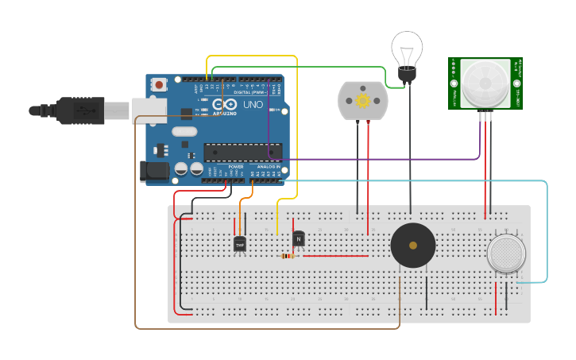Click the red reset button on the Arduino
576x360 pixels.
(x=160, y=83)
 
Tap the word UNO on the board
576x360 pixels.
(x=253, y=105)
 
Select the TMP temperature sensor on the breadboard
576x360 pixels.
(x=240, y=244)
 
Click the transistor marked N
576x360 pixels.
(x=299, y=238)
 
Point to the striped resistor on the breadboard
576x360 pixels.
(x=289, y=256)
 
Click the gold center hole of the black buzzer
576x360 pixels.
(x=413, y=246)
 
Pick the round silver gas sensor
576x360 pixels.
(x=506, y=254)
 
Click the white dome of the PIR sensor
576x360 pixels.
(x=485, y=82)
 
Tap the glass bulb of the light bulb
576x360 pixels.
(x=408, y=49)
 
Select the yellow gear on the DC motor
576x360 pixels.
(x=364, y=100)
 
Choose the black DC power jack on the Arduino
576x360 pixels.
(x=153, y=172)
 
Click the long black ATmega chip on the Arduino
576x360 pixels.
(x=242, y=152)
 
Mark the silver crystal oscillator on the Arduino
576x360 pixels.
(x=184, y=132)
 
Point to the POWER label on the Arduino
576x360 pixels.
(x=236, y=167)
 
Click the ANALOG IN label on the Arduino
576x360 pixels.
(x=267, y=167)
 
